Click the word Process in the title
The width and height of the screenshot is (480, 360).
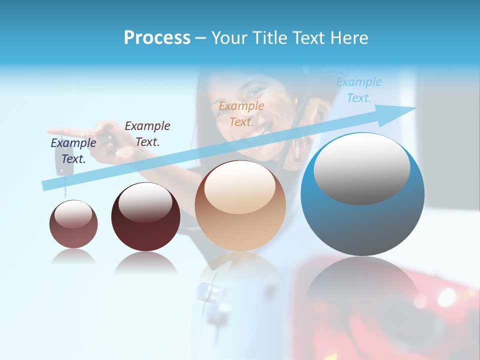(157, 38)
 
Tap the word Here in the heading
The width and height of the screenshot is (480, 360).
(349, 38)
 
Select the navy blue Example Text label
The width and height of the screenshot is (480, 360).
(73, 151)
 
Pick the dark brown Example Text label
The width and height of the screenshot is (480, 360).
(147, 134)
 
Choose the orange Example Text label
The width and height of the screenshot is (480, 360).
(241, 113)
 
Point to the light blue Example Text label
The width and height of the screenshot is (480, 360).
(359, 90)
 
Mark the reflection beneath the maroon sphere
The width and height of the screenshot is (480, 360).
(145, 262)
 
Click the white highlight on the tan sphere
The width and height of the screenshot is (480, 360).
(239, 187)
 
